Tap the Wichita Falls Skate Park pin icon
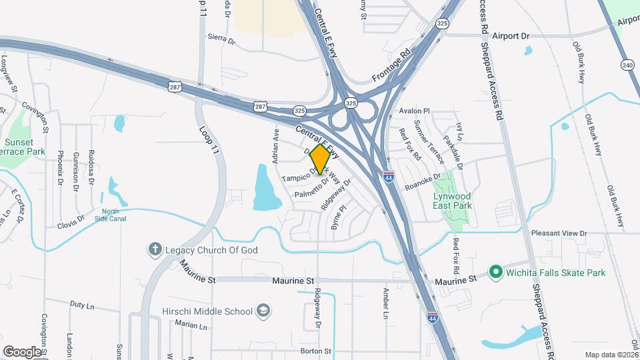coord(495,272)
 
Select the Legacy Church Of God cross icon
coord(155,250)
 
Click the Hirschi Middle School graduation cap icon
coord(263,311)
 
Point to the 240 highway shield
coord(626,65)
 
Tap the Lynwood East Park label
coord(452,201)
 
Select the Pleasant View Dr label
coord(559,233)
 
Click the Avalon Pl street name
coord(415,111)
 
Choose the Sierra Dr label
coord(221,39)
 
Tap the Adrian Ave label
coord(275,146)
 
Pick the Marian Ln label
coord(191,325)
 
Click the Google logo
coord(22,351)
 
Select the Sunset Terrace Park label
coord(25,147)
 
